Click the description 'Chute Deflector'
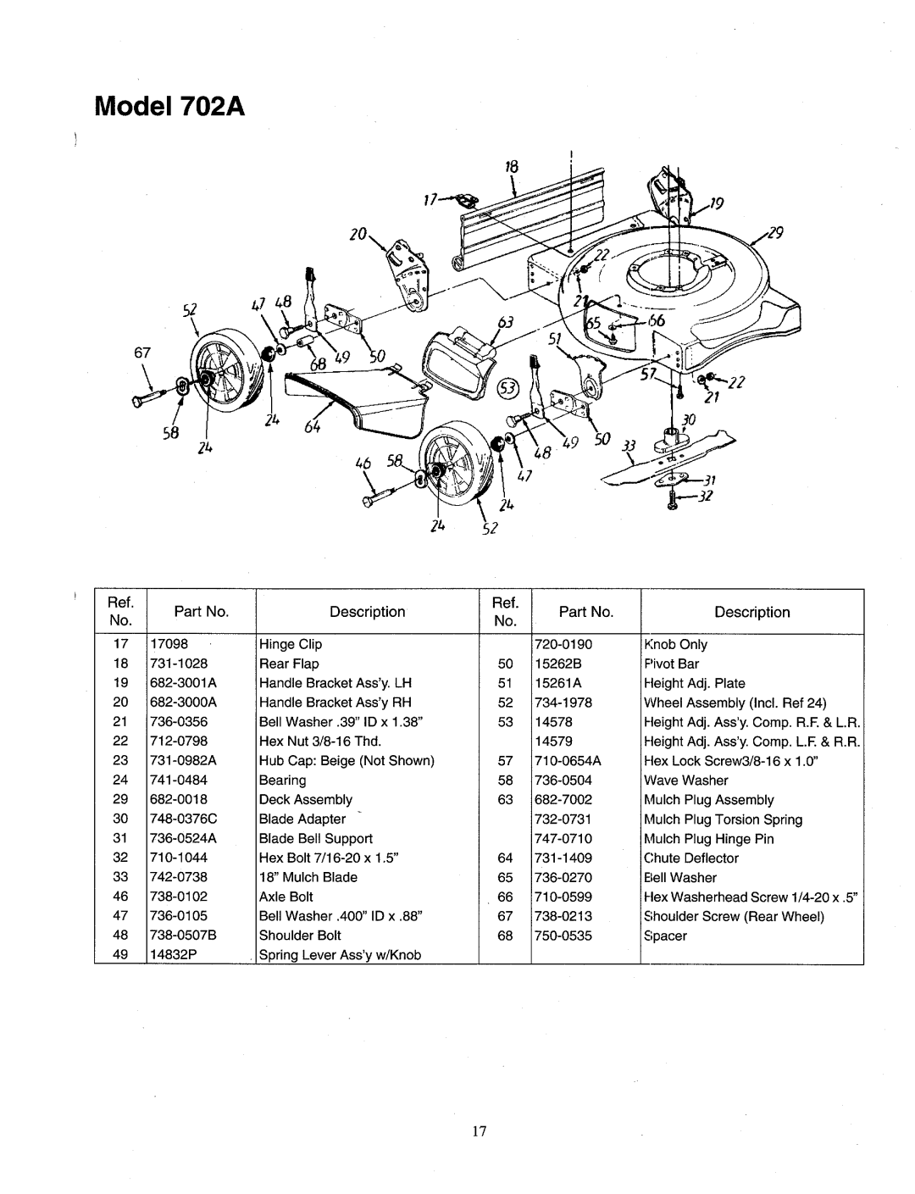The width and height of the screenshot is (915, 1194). pos(691,858)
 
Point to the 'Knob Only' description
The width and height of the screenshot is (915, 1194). pos(675,644)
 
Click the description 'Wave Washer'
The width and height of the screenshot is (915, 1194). pos(685,780)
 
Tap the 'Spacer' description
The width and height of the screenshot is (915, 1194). pos(665,936)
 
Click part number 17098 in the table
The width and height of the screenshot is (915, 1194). pos(172,644)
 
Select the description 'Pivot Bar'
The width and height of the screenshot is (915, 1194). pos(671,664)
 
